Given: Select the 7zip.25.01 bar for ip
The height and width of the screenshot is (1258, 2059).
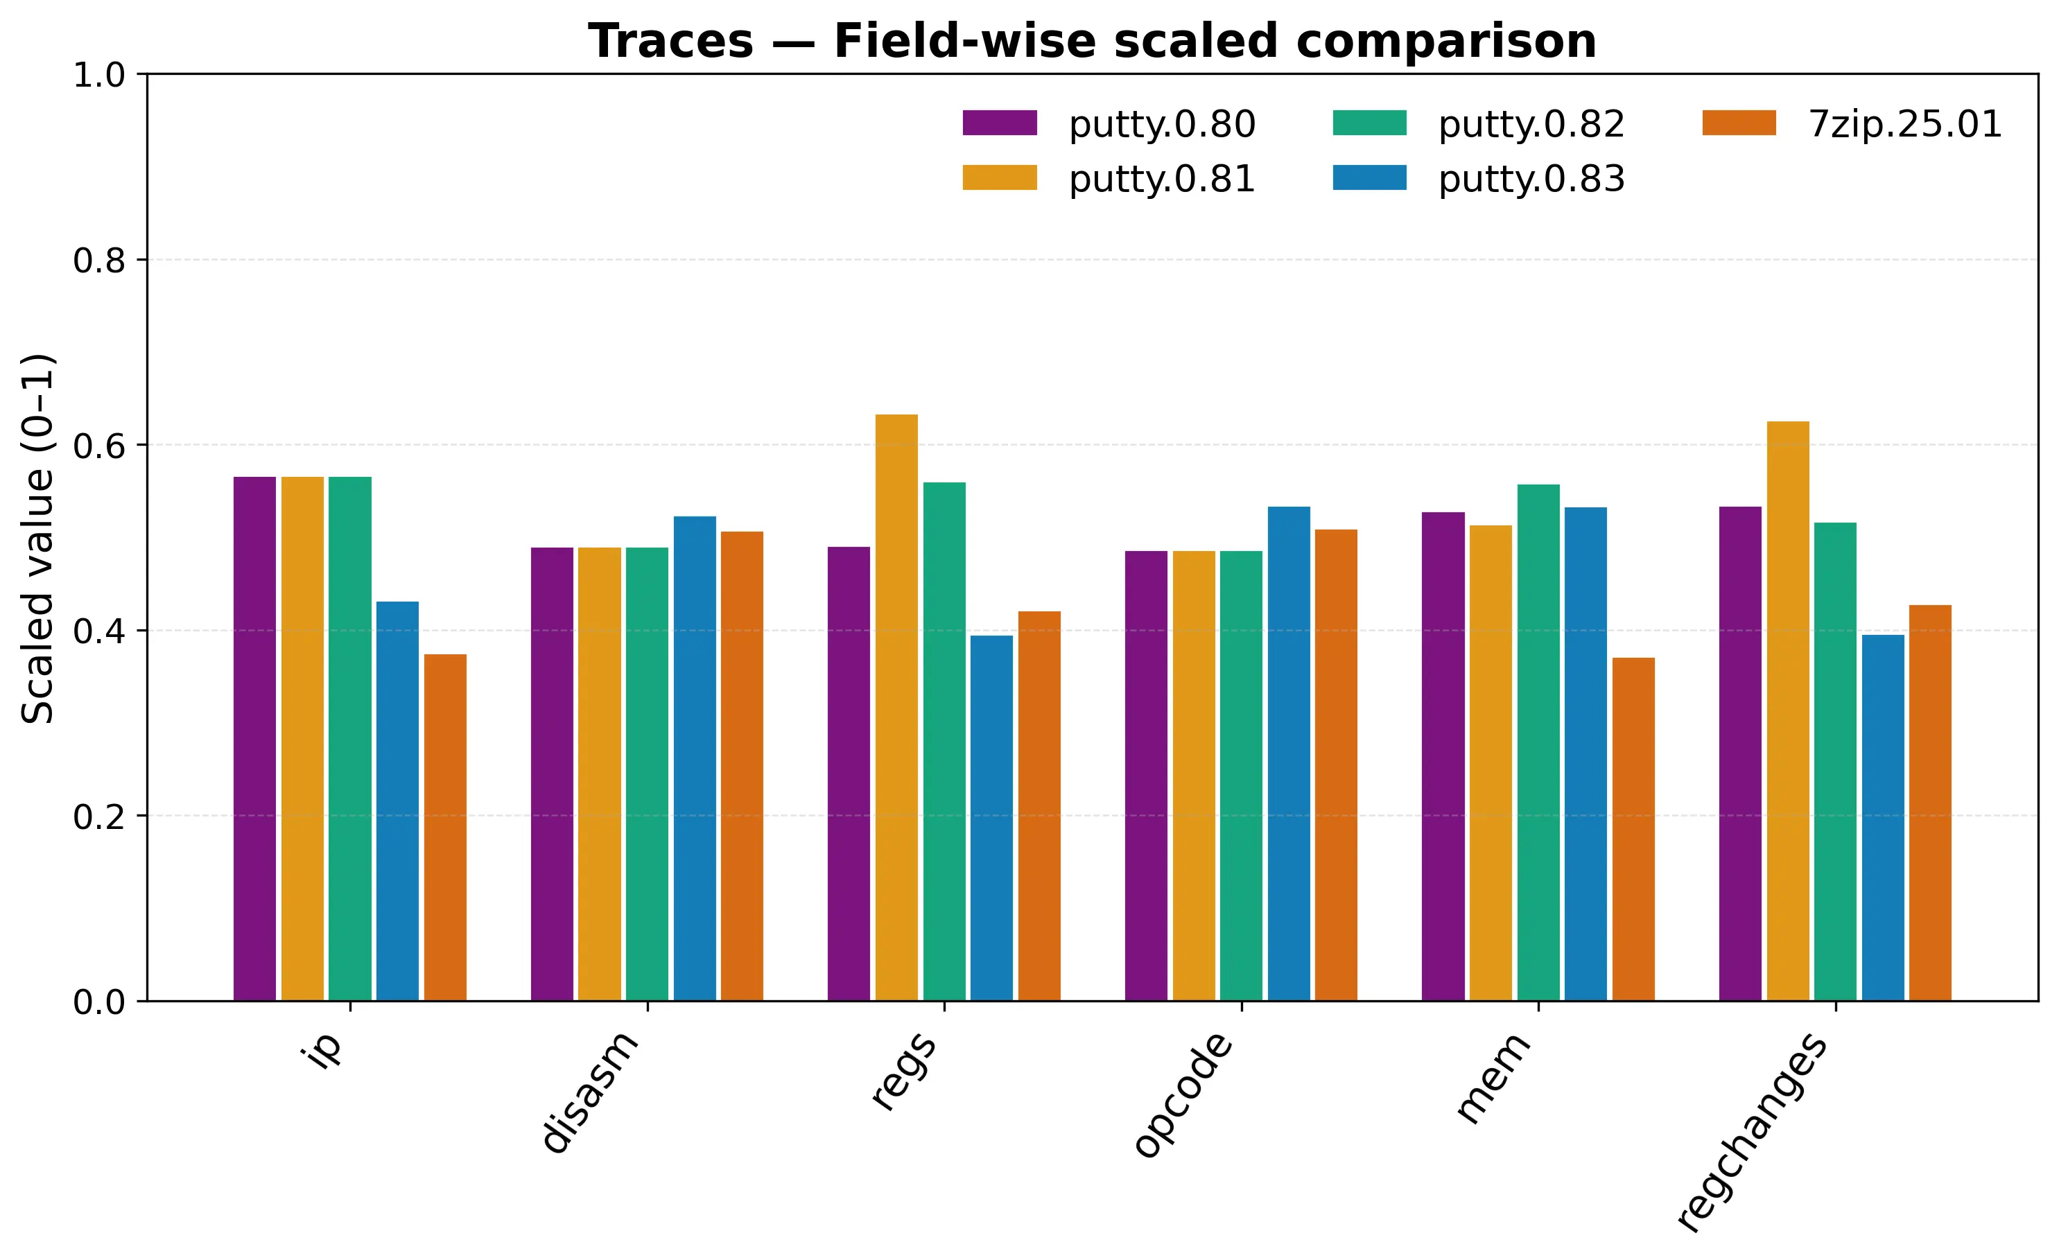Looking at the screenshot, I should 445,827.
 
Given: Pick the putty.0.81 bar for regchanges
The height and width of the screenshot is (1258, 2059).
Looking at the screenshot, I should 1787,710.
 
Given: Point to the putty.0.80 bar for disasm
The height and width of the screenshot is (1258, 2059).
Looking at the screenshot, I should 552,774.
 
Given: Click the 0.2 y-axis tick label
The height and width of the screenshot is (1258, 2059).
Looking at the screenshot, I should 98,816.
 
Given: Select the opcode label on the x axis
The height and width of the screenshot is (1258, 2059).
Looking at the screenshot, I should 1185,1094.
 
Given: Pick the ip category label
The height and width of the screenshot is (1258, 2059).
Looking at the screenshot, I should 326,1049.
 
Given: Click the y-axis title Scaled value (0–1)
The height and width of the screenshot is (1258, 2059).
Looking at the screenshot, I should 37,538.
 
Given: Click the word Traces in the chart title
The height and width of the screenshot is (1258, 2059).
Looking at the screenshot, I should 670,41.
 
